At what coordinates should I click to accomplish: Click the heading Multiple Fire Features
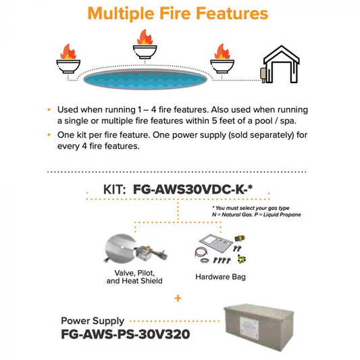(178, 13)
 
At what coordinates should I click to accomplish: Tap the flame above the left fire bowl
(68, 51)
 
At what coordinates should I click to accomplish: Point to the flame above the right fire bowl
(221, 51)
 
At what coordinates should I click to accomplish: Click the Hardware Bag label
(220, 277)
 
